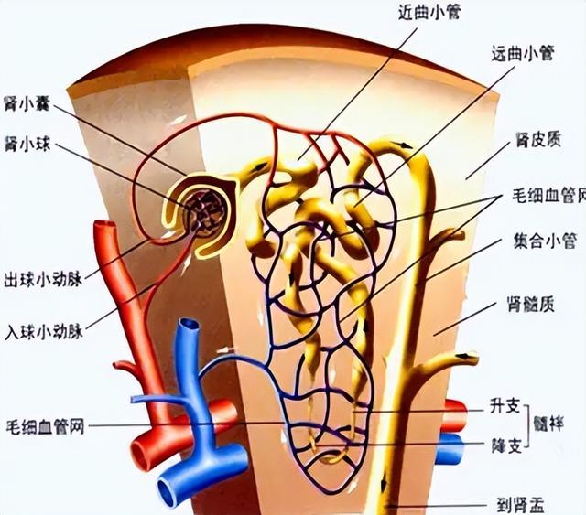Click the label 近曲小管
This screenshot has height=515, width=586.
429,13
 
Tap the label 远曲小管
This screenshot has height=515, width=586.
522,53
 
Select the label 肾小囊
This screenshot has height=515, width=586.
27,103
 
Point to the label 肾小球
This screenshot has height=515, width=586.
27,144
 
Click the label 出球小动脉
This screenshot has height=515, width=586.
43,280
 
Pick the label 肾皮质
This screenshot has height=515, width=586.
538,140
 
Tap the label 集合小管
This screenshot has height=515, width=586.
545,241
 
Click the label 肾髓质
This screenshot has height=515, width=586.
530,305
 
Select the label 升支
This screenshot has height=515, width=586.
505,406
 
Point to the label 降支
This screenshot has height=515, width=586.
506,445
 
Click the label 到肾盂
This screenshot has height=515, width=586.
520,505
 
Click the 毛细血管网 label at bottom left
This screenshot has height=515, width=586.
45,426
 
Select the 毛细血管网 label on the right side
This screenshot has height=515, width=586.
548,195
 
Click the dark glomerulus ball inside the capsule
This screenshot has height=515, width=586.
207,217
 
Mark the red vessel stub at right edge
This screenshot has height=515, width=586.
455,415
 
